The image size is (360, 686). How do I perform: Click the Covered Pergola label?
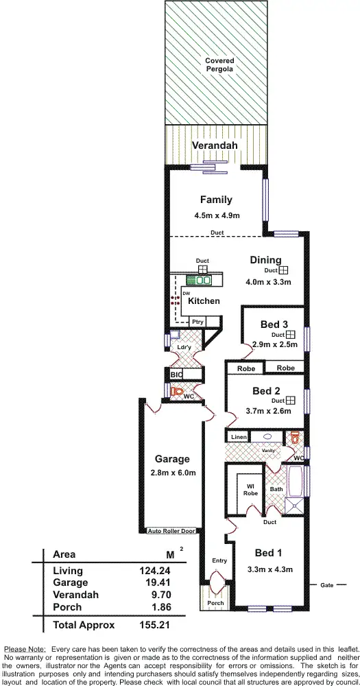219,65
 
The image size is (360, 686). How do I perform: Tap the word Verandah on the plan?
214,145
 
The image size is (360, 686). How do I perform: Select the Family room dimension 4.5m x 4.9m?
215,215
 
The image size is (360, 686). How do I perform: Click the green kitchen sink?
203,280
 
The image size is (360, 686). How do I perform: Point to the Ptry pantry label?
197,322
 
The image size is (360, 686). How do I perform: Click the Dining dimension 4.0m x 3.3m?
269,282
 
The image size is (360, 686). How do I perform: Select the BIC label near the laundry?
176,375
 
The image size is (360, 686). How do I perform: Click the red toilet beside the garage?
178,393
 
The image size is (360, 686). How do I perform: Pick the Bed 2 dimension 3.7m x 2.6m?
268,411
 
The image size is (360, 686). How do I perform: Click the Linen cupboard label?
238,437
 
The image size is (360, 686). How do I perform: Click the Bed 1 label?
268,553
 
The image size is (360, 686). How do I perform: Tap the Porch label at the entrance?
215,604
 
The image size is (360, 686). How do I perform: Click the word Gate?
327,585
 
